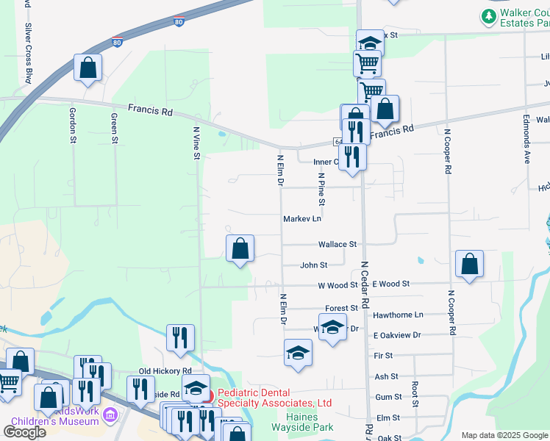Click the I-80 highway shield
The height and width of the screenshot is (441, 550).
179,22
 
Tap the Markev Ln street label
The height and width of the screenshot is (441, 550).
303,219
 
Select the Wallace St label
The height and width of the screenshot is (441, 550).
337,244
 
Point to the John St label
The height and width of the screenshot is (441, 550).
313,265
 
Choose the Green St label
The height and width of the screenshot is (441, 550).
115,128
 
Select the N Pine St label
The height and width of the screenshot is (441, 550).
321,190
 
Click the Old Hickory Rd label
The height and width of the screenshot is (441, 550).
165,371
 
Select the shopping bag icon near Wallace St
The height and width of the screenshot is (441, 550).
240,248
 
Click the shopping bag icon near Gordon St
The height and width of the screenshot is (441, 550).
87,68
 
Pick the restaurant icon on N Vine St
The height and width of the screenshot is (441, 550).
180,337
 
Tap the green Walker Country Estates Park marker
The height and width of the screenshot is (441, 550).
488,15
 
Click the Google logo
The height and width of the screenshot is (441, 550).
24,432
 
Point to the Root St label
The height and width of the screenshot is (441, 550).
415,394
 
